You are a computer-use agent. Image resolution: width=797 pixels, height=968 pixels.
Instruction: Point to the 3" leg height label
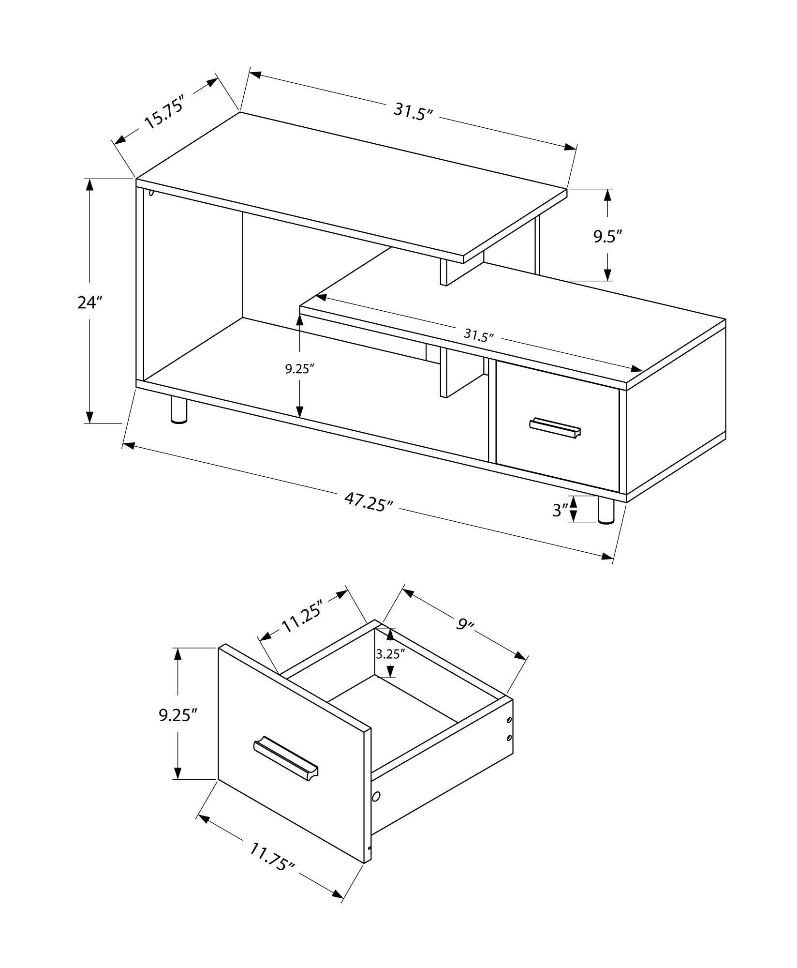[x=560, y=510]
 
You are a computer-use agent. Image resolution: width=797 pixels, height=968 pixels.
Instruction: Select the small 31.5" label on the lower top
[x=478, y=335]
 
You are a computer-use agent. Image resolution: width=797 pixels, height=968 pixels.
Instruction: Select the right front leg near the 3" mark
[x=605, y=511]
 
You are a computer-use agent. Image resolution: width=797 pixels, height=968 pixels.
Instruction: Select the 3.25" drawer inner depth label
[x=390, y=654]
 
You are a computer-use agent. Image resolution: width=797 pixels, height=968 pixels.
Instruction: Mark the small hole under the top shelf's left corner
[x=151, y=193]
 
